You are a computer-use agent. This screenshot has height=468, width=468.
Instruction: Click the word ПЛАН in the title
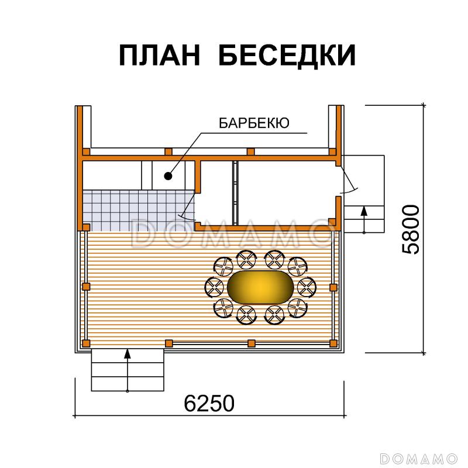160,56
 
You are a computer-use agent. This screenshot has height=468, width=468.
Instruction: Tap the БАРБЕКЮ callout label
253,123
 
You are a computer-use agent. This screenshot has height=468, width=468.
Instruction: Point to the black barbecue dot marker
168,175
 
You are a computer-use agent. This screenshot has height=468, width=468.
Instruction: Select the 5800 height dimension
412,229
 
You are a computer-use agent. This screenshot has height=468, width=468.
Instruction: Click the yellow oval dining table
257,287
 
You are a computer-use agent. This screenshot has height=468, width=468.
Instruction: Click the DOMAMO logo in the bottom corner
418,456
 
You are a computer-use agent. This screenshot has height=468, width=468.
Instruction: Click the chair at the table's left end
215,287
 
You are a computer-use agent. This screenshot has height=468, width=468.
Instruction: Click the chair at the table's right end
306,287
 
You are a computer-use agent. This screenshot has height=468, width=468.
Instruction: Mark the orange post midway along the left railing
86,286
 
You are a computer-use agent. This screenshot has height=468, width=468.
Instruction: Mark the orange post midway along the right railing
333,287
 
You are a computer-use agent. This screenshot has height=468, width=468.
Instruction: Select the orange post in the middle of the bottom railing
251,342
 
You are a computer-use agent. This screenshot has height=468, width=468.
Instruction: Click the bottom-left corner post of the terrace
86,342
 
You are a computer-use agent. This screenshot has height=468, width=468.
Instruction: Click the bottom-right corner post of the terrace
334,342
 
